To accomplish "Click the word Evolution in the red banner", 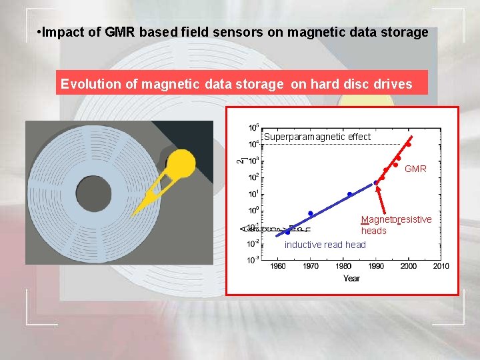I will [x=87, y=84].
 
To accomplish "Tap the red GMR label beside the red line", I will [x=415, y=169].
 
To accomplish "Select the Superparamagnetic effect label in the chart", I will [x=317, y=137].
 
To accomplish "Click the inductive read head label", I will [x=325, y=245].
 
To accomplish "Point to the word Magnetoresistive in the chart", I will [x=396, y=219].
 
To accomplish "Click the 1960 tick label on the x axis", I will [x=278, y=266].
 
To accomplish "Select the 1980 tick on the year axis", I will [x=343, y=266].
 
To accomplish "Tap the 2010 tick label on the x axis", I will [x=441, y=266].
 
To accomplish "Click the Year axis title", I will [x=351, y=278].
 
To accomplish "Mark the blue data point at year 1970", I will [x=311, y=213].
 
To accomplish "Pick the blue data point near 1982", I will [x=349, y=195].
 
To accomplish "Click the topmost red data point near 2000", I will [x=409, y=144].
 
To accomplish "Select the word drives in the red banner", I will [x=393, y=84].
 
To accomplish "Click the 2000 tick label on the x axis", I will [x=408, y=266].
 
